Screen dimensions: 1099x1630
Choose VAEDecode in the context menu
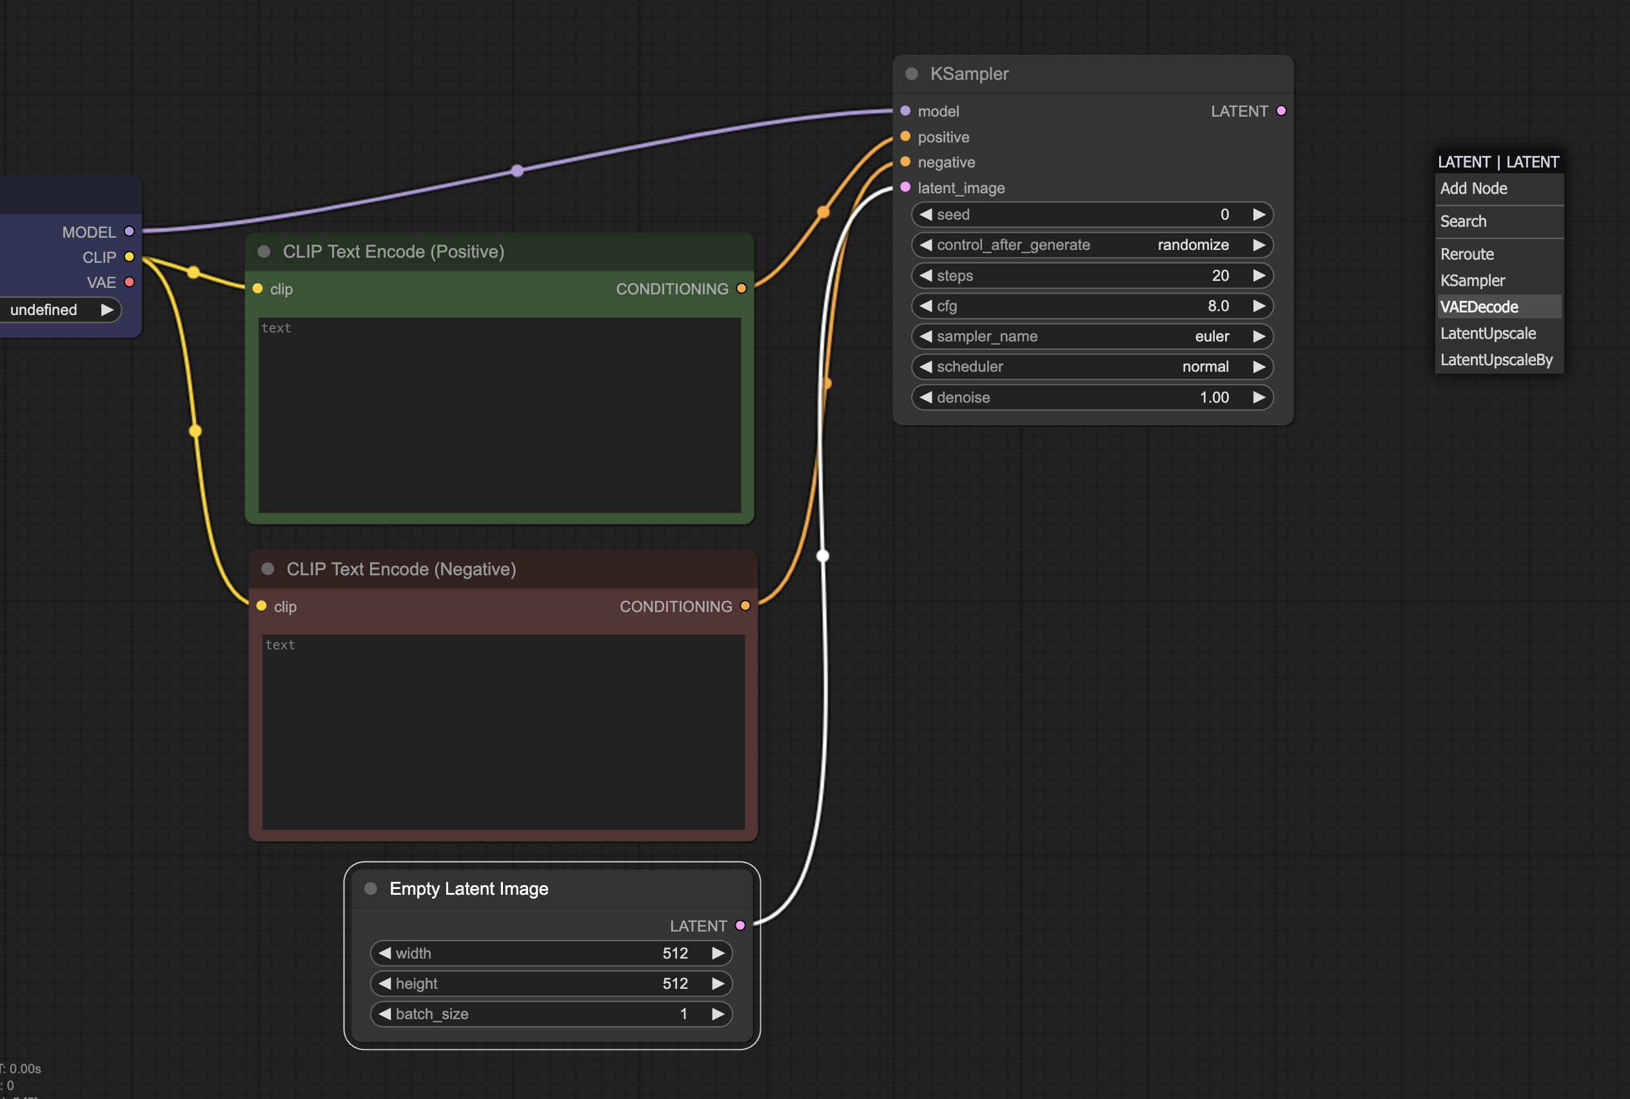coord(1479,307)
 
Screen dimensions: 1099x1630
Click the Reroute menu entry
coord(1467,254)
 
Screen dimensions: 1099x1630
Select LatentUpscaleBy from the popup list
coord(1496,359)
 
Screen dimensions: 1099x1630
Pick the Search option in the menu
coord(1463,222)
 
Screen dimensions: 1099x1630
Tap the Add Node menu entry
coord(1473,189)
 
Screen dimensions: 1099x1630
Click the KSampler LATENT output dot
coord(1281,111)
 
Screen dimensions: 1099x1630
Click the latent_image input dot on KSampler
coord(905,187)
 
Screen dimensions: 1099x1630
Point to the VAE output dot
coord(129,282)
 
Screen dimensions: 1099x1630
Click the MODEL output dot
coord(129,231)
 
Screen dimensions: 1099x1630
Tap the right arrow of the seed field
coord(1259,215)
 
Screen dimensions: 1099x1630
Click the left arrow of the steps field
coord(926,276)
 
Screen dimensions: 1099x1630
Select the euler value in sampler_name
coord(1212,336)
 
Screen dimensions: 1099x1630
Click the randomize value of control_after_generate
coord(1192,245)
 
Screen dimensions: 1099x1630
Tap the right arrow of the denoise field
coord(1259,397)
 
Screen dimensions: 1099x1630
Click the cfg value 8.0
coord(1217,305)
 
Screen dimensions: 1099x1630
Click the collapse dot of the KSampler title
coord(912,73)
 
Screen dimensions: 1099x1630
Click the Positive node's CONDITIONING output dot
coord(741,288)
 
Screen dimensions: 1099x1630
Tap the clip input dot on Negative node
coord(262,606)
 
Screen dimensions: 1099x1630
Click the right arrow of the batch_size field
coord(718,1013)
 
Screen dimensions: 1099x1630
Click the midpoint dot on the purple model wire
coord(518,170)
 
